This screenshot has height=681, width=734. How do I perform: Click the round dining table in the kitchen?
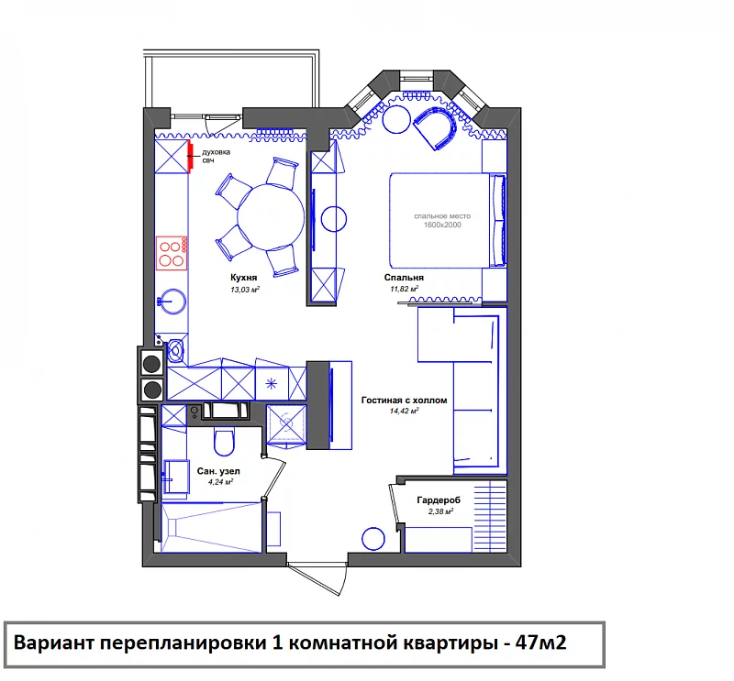click(271, 216)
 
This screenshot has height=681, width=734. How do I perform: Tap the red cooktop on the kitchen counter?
click(172, 253)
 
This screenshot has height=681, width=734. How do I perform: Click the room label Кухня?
click(244, 278)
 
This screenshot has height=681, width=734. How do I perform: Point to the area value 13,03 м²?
click(245, 290)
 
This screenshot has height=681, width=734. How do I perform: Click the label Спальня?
click(404, 278)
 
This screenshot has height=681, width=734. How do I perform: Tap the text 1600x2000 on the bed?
click(442, 225)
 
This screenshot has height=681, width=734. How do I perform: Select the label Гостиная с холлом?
click(404, 401)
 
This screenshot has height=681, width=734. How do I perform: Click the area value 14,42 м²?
click(404, 412)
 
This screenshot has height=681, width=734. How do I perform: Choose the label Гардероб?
click(439, 500)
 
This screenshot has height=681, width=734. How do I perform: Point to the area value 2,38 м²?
click(440, 511)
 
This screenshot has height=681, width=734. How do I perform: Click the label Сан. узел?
click(218, 471)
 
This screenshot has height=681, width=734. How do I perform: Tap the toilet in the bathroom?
click(224, 441)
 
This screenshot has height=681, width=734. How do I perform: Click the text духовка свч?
click(216, 156)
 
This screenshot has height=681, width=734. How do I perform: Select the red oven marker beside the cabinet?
click(191, 155)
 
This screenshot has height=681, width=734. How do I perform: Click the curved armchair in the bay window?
click(436, 126)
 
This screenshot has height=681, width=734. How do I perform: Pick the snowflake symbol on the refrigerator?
click(272, 384)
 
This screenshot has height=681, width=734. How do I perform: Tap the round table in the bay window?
click(396, 120)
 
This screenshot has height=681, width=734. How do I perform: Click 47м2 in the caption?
click(540, 643)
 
